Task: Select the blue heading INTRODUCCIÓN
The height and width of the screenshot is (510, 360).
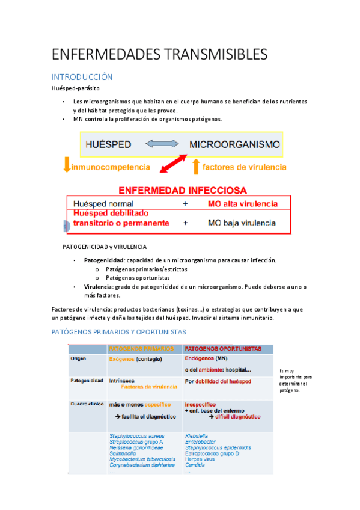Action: (82, 77)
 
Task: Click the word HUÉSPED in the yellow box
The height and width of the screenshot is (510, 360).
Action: (108, 144)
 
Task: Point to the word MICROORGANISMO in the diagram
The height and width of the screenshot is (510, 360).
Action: (234, 144)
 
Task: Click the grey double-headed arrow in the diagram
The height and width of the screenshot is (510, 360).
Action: (162, 144)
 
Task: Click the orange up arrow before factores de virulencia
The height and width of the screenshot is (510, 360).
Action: (195, 166)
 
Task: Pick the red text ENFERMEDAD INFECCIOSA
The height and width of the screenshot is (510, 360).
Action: (182, 190)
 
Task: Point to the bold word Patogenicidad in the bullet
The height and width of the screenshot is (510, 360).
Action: (100, 260)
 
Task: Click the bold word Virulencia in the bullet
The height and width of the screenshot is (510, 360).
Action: (97, 287)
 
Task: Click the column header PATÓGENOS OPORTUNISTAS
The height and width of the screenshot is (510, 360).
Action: (223, 348)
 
